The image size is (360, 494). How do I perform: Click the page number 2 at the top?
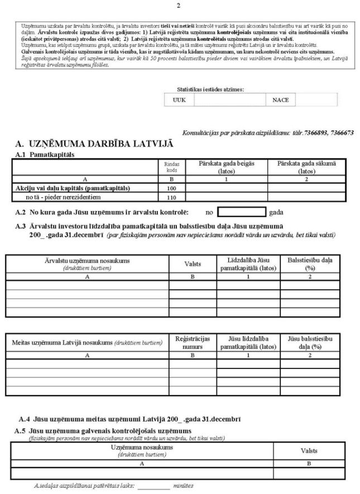tap(179, 6)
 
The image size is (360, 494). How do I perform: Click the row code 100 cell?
tap(171, 188)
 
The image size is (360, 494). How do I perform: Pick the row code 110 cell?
tap(171, 197)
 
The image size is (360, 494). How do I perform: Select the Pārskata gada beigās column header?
tap(227, 166)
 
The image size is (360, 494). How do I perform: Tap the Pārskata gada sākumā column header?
tap(309, 166)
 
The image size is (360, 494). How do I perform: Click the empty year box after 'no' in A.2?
tap(242, 212)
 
